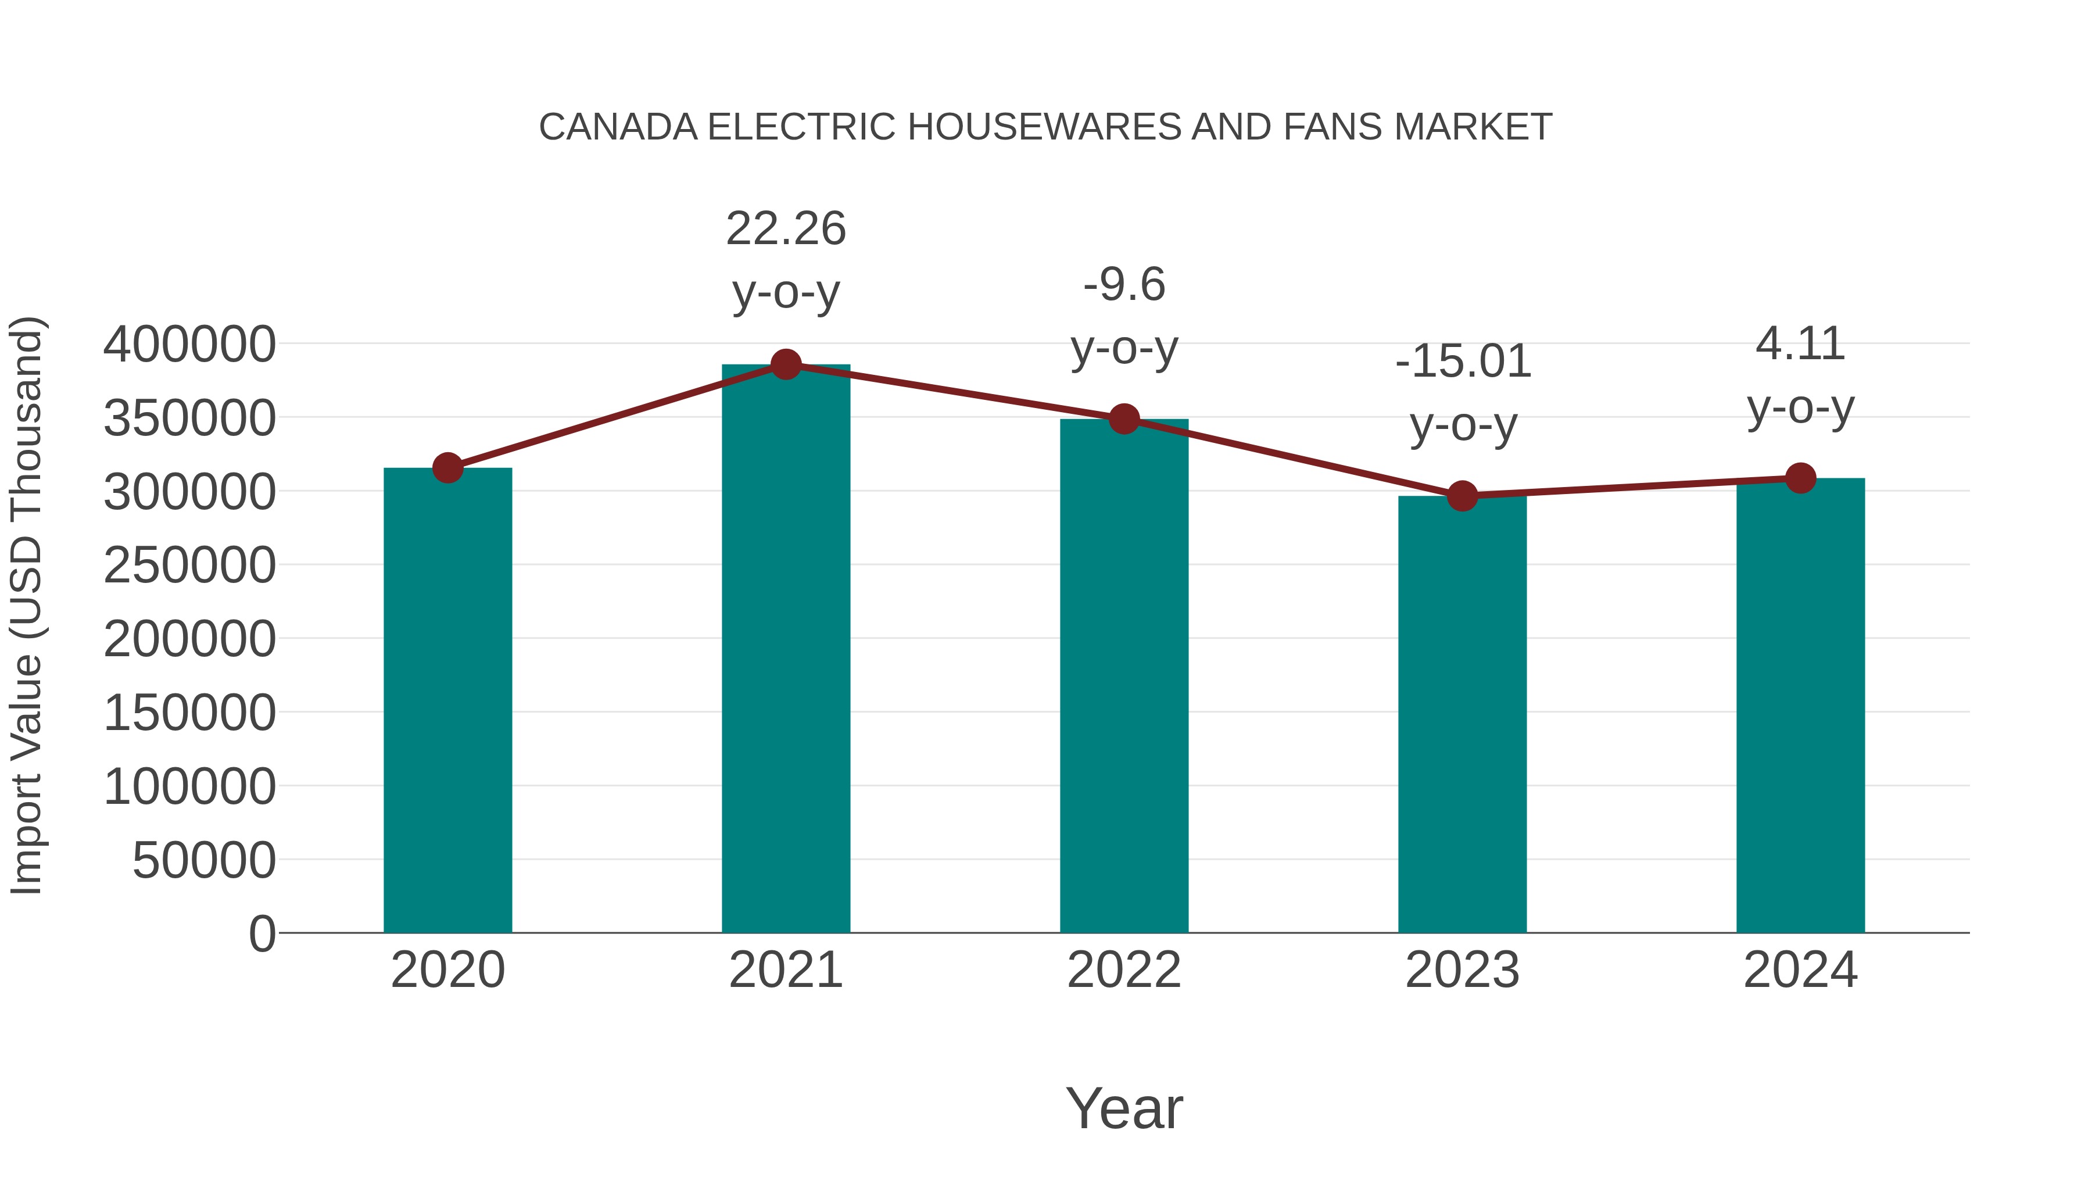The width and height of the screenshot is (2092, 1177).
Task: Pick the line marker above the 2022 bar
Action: [1124, 419]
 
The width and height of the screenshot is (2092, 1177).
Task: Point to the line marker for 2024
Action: [1800, 478]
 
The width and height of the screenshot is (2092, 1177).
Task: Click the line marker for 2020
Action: [447, 468]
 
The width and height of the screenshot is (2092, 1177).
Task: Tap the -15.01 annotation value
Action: [1463, 362]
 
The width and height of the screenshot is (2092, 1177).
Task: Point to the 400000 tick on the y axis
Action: [189, 345]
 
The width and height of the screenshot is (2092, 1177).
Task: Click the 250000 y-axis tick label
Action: [189, 566]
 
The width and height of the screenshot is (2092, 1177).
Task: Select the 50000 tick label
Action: [204, 860]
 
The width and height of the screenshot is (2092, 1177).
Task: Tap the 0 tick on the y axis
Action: [261, 933]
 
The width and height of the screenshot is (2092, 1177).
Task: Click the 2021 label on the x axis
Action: [785, 970]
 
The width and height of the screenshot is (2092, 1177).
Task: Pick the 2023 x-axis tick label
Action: [1462, 970]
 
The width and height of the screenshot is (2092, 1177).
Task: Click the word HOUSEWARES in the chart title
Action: [1045, 127]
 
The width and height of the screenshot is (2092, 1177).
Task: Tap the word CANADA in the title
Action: [618, 127]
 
